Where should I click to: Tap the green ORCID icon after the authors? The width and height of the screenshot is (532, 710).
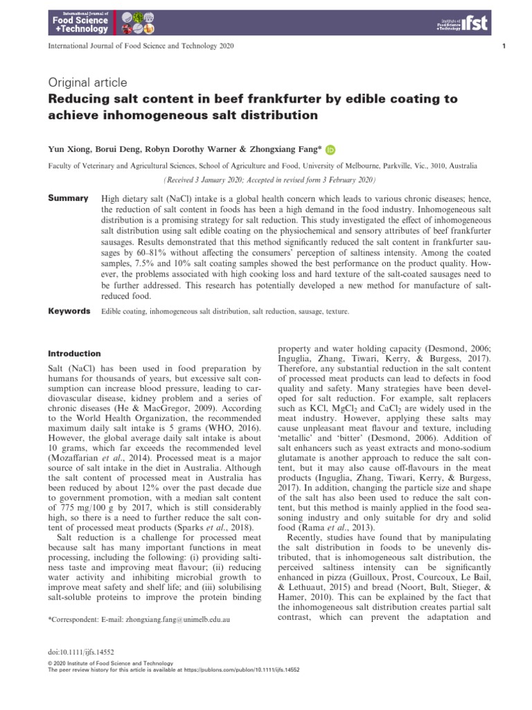point(330,148)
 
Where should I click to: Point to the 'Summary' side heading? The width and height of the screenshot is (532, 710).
point(67,198)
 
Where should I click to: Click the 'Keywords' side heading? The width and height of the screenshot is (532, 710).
point(69,311)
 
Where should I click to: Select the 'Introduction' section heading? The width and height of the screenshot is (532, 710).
point(74,354)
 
